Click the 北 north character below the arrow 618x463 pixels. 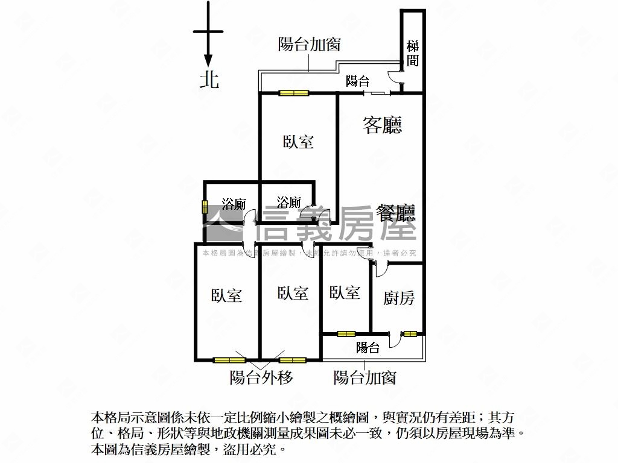(209, 80)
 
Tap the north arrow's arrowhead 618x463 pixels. (208, 61)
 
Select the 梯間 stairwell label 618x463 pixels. (413, 54)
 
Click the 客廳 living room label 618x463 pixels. (382, 125)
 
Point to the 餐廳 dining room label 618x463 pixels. (395, 214)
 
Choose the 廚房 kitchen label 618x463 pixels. (398, 298)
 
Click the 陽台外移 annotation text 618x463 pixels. (261, 377)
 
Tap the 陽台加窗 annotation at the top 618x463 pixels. (310, 44)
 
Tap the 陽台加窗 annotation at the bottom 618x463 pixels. (365, 377)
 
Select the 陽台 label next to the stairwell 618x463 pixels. (357, 81)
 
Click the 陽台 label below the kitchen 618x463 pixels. (368, 347)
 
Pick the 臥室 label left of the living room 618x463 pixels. (298, 142)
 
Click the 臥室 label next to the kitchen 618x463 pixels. (345, 292)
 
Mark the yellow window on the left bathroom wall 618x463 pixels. (205, 207)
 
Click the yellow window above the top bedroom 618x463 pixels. (294, 93)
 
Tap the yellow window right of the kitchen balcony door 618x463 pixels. (410, 334)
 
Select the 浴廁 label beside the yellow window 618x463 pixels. (234, 204)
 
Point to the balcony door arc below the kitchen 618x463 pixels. (394, 341)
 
